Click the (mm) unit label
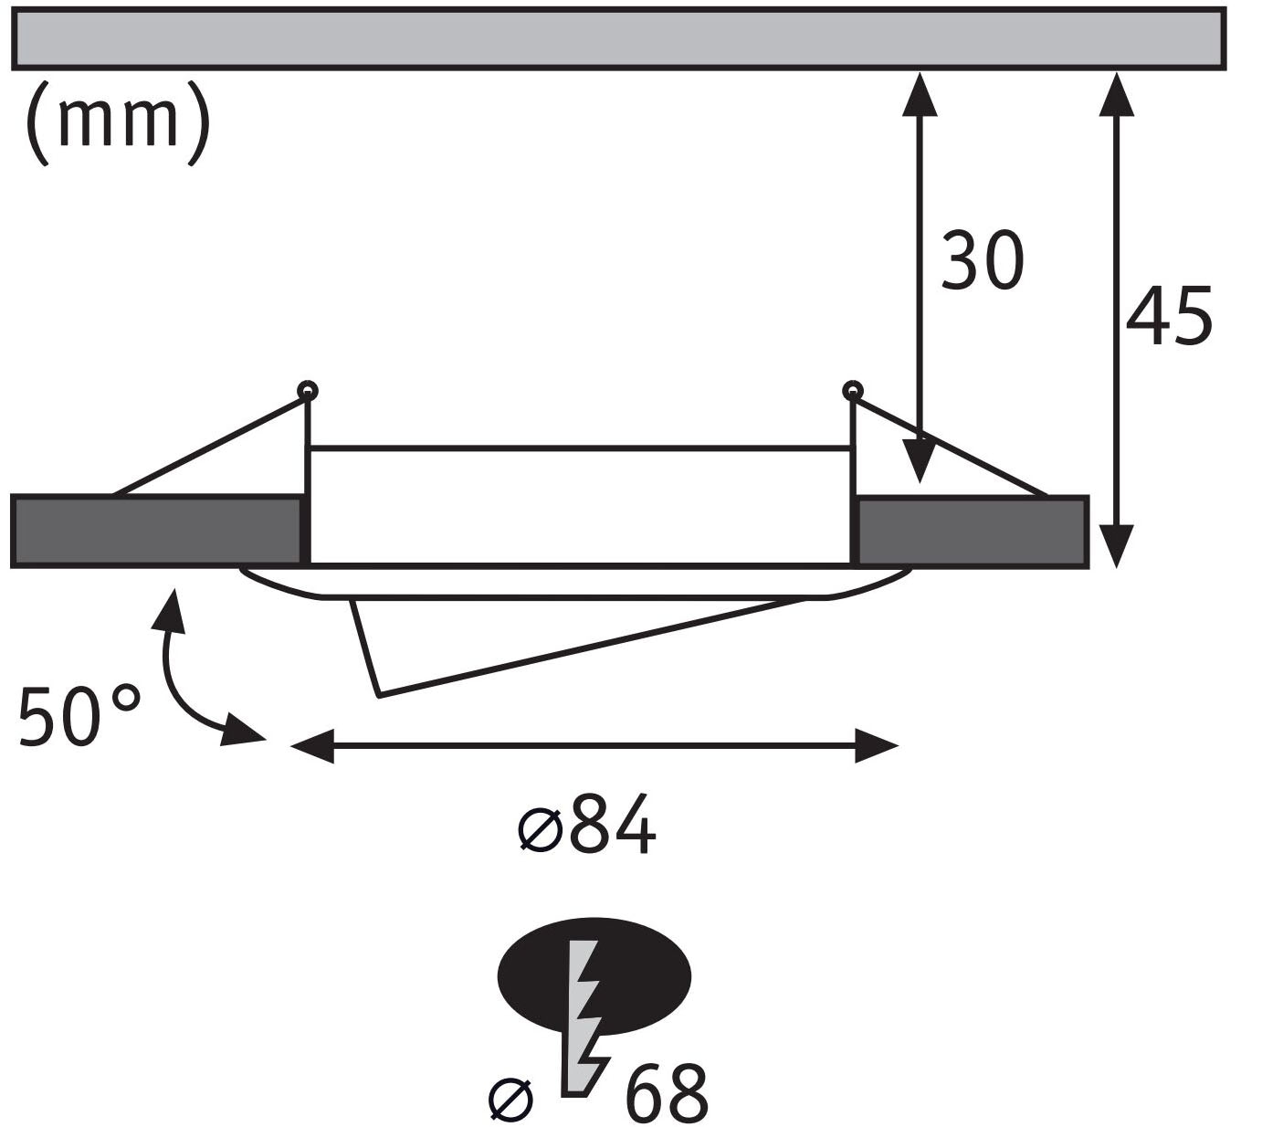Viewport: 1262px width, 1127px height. [x=118, y=123]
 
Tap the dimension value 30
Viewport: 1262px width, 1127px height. [x=983, y=259]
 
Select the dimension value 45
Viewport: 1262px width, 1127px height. [x=1169, y=317]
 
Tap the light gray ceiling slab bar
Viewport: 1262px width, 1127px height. [x=619, y=38]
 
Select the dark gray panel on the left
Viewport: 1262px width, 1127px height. [x=156, y=532]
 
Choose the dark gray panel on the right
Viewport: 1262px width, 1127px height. [x=973, y=532]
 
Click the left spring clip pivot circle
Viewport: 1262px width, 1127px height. [x=307, y=391]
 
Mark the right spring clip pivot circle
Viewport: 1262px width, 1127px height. [x=852, y=391]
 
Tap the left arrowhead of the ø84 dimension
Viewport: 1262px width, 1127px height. [x=311, y=745]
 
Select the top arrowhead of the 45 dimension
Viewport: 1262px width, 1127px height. [x=1117, y=95]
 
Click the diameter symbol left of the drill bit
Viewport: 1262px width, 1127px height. [x=511, y=1100]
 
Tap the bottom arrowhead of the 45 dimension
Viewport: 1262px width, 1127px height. [x=1117, y=546]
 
